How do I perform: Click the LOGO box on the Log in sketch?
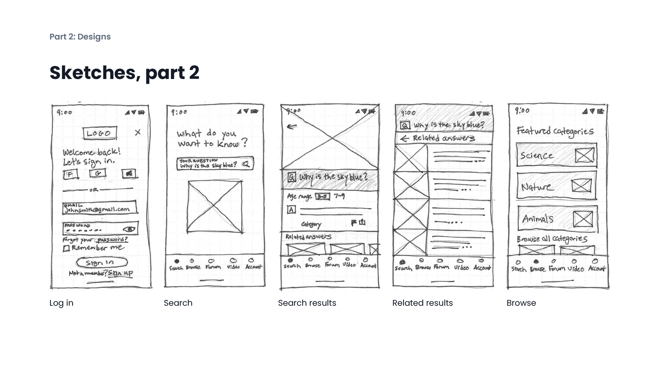[100, 133]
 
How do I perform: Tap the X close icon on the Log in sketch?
[138, 132]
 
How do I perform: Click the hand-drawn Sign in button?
[101, 263]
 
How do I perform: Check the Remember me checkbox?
[66, 248]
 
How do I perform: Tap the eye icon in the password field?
[129, 229]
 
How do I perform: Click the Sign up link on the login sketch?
[120, 273]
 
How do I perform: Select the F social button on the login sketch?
[70, 175]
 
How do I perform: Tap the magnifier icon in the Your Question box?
[246, 164]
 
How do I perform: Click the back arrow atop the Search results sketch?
[291, 127]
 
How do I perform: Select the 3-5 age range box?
[322, 196]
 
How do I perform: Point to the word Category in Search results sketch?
[311, 224]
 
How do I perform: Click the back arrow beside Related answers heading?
[405, 138]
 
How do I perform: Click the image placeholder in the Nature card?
[582, 186]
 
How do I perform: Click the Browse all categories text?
[552, 239]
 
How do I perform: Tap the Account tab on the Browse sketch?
[596, 265]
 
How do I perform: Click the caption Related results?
[422, 303]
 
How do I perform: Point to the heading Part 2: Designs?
[80, 37]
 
